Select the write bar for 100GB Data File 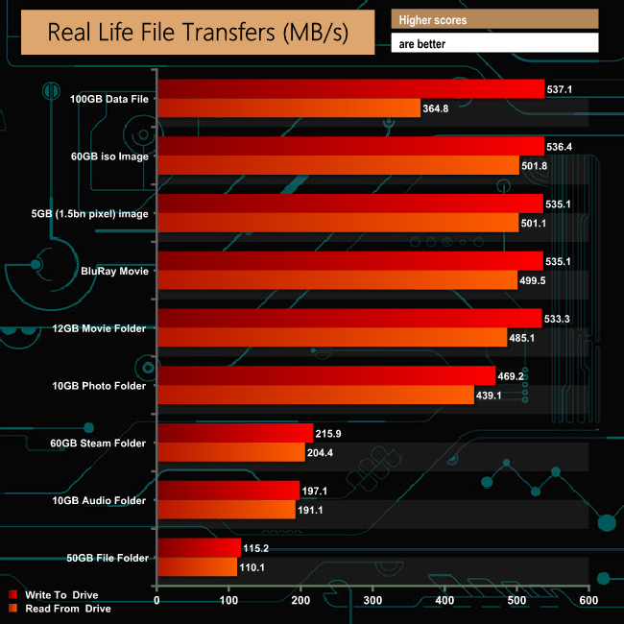click(350, 89)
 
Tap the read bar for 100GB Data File click(288, 108)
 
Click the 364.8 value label click(436, 108)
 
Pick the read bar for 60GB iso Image click(337, 166)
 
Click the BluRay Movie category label click(115, 272)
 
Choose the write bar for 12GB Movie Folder click(348, 319)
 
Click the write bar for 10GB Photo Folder click(325, 376)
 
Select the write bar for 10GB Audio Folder click(228, 491)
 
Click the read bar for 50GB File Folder click(197, 567)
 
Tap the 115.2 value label click(256, 548)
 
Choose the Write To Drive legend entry click(61, 595)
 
